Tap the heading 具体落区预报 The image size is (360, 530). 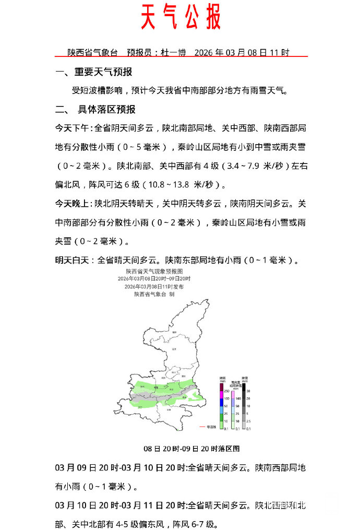pyautogui.click(x=106, y=110)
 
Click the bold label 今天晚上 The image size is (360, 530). pyautogui.click(x=73, y=204)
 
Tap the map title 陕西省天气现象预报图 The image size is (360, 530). pyautogui.click(x=154, y=272)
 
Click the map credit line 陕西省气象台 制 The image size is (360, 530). pyautogui.click(x=154, y=295)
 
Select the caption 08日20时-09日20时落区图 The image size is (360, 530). pyautogui.click(x=191, y=449)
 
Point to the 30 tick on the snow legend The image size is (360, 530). pyautogui.click(x=249, y=391)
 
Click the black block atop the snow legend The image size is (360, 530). pyautogui.click(x=244, y=387)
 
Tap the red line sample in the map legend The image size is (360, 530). pyautogui.click(x=202, y=427)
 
